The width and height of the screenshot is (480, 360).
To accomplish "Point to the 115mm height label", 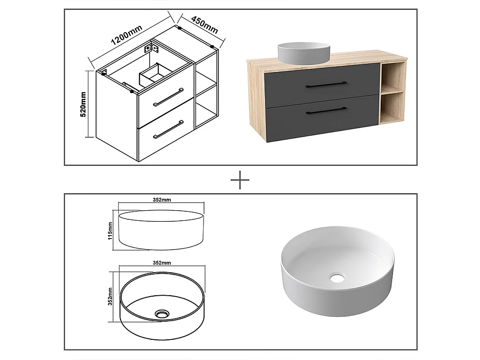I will [110, 230].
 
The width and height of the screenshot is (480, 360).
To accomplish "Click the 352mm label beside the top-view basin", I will [110, 296].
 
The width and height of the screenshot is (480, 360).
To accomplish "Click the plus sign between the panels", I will [240, 181].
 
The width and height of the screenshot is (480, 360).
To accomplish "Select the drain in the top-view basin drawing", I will [161, 314].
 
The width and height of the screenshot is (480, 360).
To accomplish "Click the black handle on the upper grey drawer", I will [326, 84].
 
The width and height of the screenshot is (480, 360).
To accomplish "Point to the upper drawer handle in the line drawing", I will [168, 97].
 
